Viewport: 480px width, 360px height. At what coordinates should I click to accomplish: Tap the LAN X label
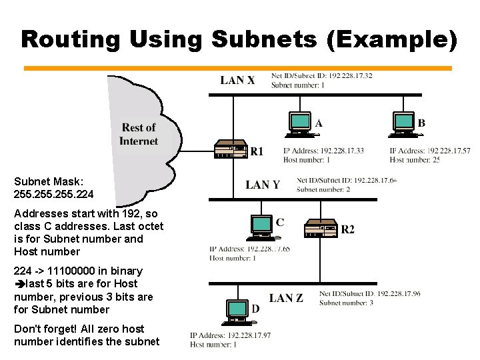pyautogui.click(x=237, y=81)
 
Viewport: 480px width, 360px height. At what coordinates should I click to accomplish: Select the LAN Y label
pyautogui.click(x=263, y=185)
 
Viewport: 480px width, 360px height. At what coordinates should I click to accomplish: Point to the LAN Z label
pyautogui.click(x=286, y=298)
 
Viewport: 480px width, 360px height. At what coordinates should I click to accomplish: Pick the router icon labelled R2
pyautogui.click(x=321, y=229)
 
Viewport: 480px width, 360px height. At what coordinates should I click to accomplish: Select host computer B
pyautogui.click(x=404, y=122)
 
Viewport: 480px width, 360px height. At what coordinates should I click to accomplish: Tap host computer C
pyautogui.click(x=260, y=227)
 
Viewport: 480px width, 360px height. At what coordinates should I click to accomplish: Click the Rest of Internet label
pyautogui.click(x=139, y=134)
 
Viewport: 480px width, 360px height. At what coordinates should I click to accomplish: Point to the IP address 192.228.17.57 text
pyautogui.click(x=443, y=151)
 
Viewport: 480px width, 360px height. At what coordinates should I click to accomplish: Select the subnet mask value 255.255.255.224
pyautogui.click(x=53, y=195)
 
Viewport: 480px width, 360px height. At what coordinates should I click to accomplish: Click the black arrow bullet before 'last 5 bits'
pyautogui.click(x=19, y=284)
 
